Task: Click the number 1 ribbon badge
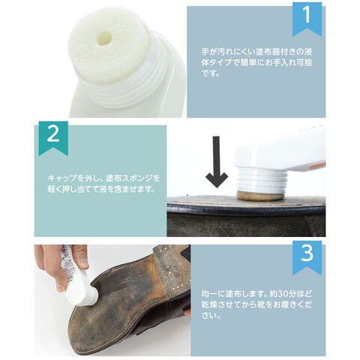[x=307, y=19]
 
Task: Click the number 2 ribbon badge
[x=53, y=137]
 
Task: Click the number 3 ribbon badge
[x=307, y=257]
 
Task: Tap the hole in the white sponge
[x=104, y=39]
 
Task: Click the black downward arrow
[x=217, y=162]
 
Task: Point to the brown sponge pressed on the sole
[x=259, y=196]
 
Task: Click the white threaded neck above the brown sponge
[x=260, y=181]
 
